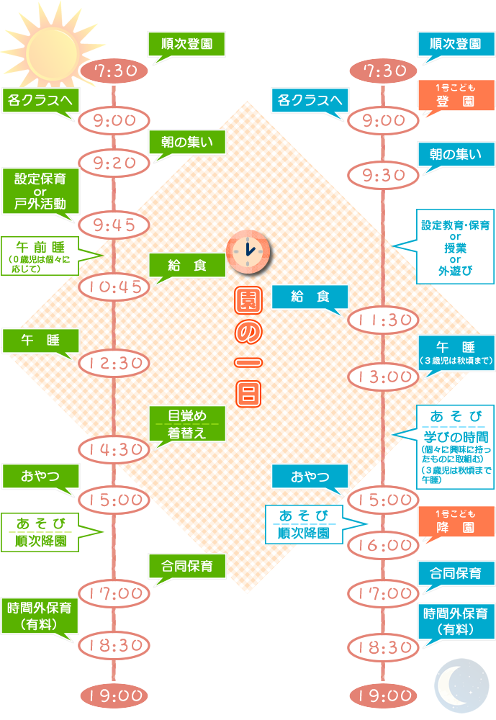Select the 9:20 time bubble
coord(114,163)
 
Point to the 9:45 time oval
coord(114,225)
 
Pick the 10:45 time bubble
coord(114,287)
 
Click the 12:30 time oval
coord(114,363)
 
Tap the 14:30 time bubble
coord(114,449)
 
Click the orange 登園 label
coord(456,96)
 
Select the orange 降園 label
coord(456,522)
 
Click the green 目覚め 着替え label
coord(187,424)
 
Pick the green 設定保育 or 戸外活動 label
coord(40,191)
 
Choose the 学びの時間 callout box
coord(455,446)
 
